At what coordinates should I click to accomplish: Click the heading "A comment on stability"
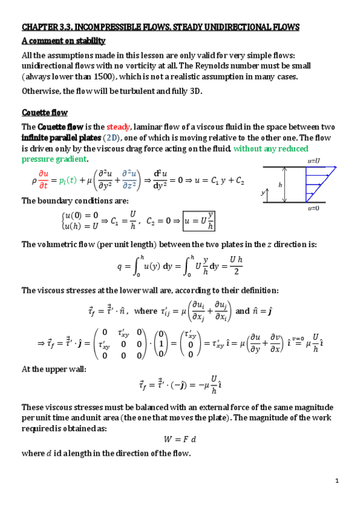point(64,41)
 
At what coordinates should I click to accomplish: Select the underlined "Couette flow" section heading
point(44,112)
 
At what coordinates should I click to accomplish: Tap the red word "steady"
point(118,127)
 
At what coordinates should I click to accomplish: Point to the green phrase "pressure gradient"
point(54,159)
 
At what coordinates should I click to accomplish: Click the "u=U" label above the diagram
point(313,161)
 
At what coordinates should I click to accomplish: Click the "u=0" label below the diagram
point(313,208)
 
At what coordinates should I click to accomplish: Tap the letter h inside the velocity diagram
point(280,185)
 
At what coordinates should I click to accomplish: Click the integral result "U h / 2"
point(236,265)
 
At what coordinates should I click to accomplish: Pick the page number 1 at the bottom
point(337,480)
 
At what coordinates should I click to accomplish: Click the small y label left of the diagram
point(261,192)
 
